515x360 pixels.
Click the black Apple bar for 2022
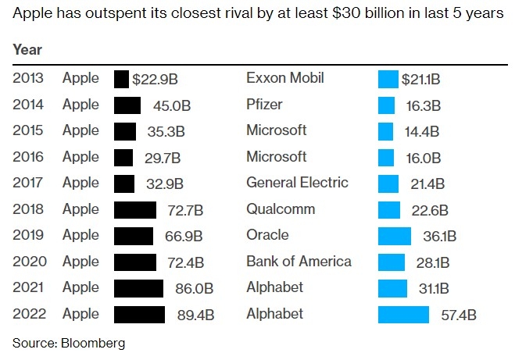pos(139,315)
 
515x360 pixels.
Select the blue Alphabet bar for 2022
pos(403,315)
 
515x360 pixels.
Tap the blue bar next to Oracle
pos(394,236)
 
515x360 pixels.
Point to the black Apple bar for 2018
pos(134,210)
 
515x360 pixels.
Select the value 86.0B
pos(195,289)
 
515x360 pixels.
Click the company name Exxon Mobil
pos(284,79)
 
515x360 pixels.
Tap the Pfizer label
pos(264,105)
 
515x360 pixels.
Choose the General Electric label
pos(296,184)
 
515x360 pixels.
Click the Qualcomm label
pos(281,209)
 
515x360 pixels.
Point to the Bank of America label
pos(299,262)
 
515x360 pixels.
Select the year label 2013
pos(29,79)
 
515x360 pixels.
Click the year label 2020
pos(29,262)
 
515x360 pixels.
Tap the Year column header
pos(27,50)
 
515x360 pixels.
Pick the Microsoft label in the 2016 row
pos(276,157)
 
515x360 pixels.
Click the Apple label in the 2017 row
pos(80,184)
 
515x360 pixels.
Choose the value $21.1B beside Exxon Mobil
pos(420,80)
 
